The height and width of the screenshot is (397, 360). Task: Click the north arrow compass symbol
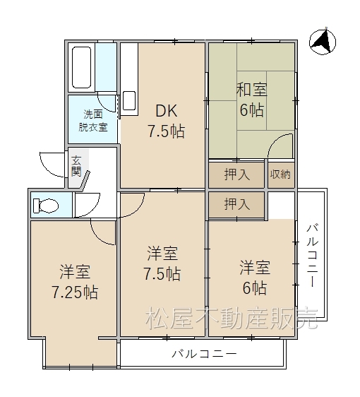[x=323, y=42]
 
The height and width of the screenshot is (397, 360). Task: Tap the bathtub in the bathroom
[x=81, y=67]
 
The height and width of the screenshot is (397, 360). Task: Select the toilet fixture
[x=46, y=206]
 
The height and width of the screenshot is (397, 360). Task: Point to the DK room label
[x=167, y=111]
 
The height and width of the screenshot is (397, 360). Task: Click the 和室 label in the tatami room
[x=252, y=90]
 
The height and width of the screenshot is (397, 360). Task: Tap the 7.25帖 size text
[x=75, y=292]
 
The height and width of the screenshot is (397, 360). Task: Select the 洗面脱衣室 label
[x=93, y=121]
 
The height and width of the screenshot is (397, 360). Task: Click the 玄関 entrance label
[x=76, y=166]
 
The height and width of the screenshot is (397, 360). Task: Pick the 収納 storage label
[x=280, y=174]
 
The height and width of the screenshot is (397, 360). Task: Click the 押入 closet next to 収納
[x=237, y=174]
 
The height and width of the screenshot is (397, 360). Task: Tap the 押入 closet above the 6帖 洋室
[x=237, y=204]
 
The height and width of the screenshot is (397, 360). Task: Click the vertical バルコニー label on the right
[x=313, y=256]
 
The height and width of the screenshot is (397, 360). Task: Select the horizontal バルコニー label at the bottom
[x=205, y=354]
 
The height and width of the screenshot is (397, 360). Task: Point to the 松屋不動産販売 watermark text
[x=232, y=318]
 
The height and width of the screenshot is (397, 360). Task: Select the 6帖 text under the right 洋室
[x=255, y=288]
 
